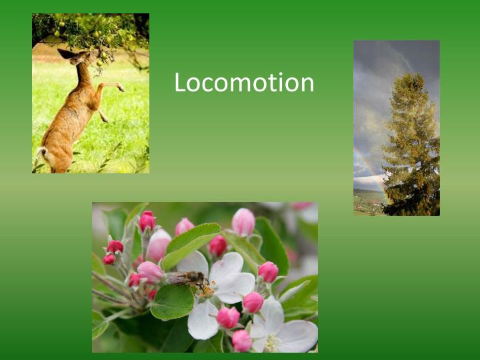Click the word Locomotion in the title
point(244,83)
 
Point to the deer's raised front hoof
point(121,87)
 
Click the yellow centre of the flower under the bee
point(207,291)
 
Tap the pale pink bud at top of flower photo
point(243,222)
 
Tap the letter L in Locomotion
point(180,83)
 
